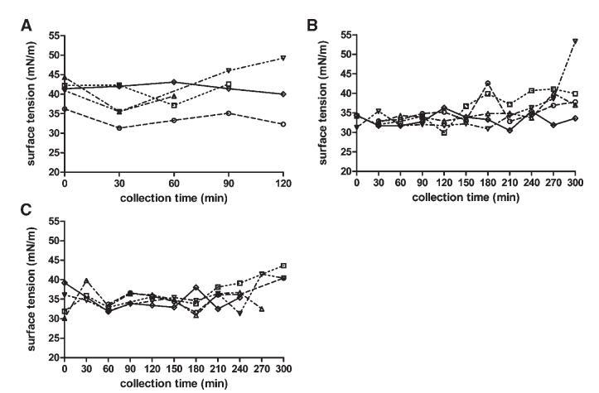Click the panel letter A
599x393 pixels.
[x=26, y=27]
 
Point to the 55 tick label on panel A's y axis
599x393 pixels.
[x=53, y=36]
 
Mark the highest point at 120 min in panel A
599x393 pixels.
[x=283, y=58]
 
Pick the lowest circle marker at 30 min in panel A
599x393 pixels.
[x=119, y=127]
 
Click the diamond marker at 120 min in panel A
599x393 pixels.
[x=283, y=94]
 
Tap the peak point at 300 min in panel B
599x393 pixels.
[x=575, y=41]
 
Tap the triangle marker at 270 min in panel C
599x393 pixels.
[x=262, y=309]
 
